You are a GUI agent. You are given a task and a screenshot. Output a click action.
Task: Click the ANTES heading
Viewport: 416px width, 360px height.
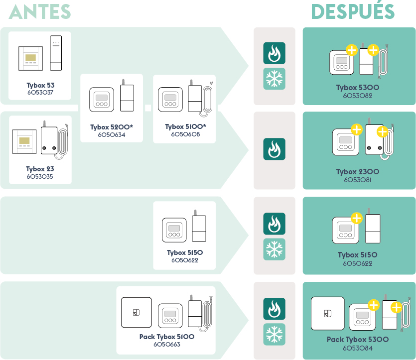(x=40, y=11)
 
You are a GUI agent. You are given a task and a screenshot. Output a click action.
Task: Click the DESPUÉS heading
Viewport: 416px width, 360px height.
(x=353, y=11)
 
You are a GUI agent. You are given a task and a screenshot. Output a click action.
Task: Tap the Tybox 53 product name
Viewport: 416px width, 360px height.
(x=40, y=85)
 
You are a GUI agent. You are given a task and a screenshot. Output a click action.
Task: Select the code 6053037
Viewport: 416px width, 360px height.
(x=40, y=93)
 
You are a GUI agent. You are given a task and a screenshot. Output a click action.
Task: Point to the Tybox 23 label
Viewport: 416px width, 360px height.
(x=39, y=169)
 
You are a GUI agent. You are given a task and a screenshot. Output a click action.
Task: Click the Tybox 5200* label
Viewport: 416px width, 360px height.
(x=112, y=127)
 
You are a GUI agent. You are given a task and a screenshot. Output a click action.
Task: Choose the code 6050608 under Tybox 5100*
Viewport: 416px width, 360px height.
(x=185, y=134)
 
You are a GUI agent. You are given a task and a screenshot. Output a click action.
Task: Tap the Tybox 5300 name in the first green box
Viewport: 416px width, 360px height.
(x=358, y=88)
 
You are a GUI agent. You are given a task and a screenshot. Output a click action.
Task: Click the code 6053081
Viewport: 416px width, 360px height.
(x=358, y=180)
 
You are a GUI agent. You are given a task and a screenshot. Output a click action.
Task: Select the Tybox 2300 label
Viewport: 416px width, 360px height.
(x=358, y=172)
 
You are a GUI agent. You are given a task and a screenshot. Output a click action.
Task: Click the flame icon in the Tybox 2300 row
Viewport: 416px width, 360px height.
(x=274, y=149)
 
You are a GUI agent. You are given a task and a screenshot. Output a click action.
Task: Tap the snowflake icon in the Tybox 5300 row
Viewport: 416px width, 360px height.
(x=274, y=79)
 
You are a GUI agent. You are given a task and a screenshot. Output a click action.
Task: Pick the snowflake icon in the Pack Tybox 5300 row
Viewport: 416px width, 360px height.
(x=274, y=334)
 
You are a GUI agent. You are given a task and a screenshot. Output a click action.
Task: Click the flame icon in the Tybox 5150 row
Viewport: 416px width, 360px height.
(x=274, y=224)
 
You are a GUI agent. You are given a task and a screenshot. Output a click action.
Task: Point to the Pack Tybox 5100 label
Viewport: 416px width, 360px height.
(x=167, y=337)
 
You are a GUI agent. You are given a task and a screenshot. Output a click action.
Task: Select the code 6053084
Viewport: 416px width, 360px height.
(x=358, y=348)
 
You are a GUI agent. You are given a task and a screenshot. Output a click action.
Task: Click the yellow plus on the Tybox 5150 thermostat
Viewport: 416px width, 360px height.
(x=357, y=218)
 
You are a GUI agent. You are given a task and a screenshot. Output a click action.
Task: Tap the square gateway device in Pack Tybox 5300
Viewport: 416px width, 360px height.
(x=327, y=313)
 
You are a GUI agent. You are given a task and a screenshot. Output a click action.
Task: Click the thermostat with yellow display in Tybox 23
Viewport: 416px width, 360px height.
(x=24, y=142)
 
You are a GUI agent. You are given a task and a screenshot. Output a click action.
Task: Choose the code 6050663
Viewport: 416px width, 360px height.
(x=167, y=345)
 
